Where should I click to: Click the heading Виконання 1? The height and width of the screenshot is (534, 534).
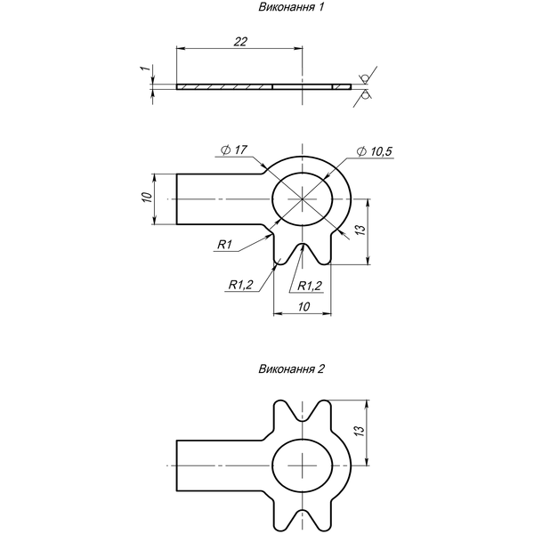point(291,7)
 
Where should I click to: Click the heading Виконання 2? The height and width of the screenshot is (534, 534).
point(292,368)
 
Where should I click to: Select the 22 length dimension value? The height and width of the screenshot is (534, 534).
point(240,42)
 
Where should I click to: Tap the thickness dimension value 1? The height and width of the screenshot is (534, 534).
point(146,69)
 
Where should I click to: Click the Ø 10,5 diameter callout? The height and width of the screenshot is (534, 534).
point(375,151)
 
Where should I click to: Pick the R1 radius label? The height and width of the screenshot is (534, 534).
point(225,244)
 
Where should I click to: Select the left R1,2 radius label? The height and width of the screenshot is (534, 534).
point(241,285)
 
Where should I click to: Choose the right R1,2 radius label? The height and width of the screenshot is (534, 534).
point(309,286)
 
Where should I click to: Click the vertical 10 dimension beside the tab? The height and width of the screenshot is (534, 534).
point(147,198)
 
